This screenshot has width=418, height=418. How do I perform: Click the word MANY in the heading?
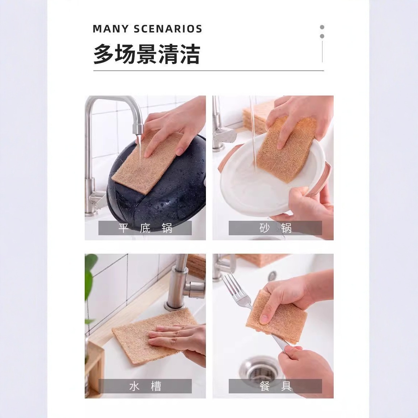click(111, 29)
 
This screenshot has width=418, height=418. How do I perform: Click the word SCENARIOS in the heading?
click(168, 29)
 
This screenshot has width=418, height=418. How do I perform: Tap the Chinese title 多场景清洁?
click(147, 54)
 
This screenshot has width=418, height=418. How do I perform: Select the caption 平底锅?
click(145, 228)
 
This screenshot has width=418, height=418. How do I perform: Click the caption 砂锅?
click(275, 228)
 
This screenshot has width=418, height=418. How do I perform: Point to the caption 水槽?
click(145, 386)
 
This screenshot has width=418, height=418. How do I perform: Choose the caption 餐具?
click(275, 386)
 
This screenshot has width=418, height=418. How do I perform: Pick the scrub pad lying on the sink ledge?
click(149, 337)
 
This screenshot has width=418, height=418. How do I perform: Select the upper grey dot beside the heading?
click(322, 27)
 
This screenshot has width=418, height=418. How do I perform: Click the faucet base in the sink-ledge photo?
click(174, 304)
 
